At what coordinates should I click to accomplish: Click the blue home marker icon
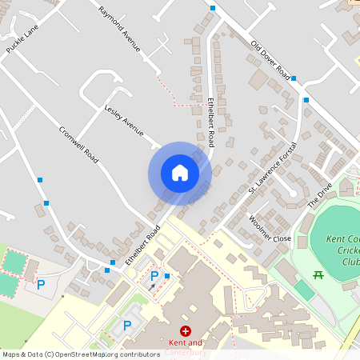180,173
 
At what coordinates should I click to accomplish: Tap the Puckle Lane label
22,38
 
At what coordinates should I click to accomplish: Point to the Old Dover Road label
270,60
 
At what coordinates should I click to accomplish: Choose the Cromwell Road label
79,146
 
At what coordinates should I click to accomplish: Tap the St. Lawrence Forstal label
272,169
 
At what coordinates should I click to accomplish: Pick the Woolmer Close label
270,229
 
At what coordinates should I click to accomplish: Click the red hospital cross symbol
186,330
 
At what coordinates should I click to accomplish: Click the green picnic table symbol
318,276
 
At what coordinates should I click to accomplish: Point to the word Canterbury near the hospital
186,353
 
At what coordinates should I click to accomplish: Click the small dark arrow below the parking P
152,286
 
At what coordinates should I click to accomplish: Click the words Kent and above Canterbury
186,342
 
